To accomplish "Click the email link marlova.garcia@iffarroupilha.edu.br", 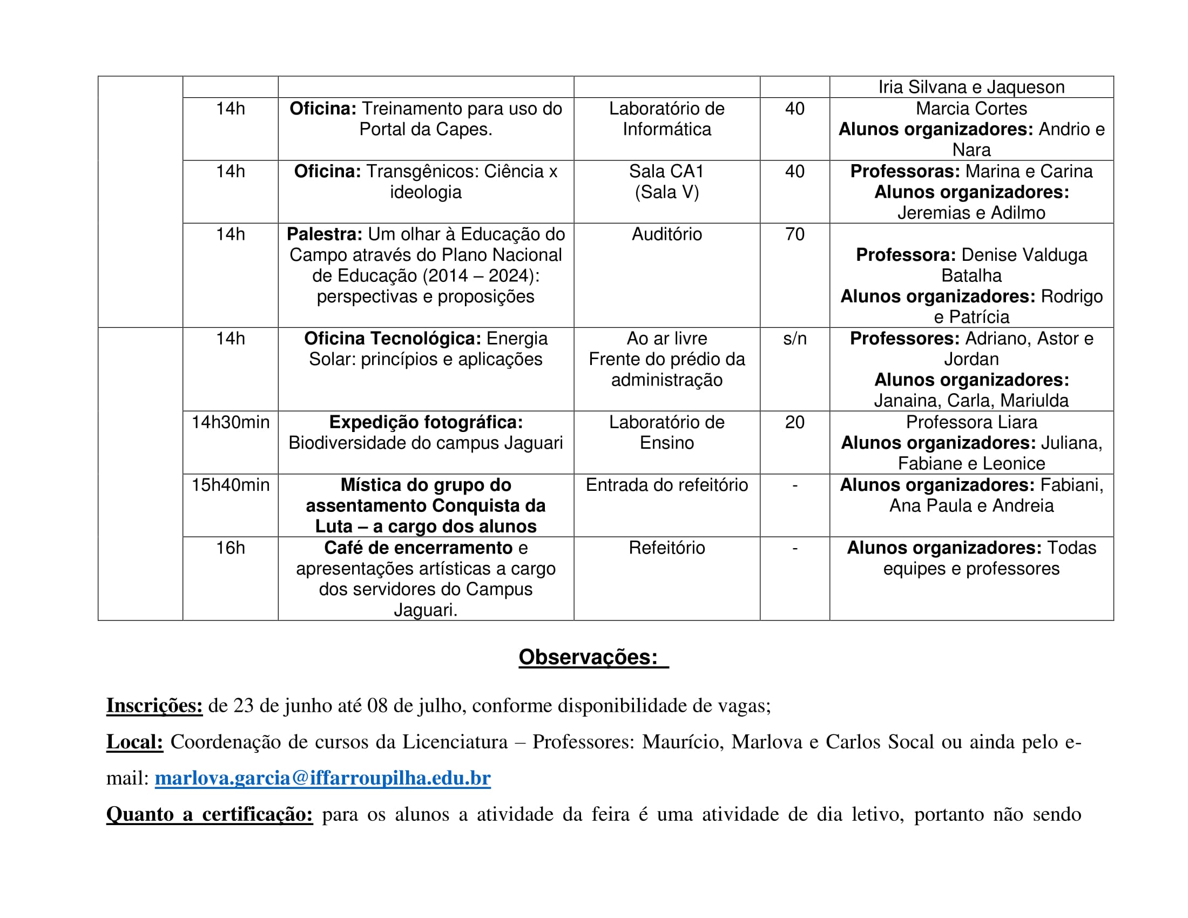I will [322, 778].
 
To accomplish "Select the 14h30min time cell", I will [230, 423].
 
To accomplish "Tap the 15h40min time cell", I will [230, 485].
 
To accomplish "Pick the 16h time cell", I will [230, 548].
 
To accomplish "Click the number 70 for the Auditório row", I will [794, 234].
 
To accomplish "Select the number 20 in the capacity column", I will [794, 423].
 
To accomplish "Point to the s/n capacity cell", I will [794, 339].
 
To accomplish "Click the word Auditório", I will [666, 234].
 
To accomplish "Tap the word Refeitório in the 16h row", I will [666, 548].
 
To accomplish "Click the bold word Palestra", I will [324, 234].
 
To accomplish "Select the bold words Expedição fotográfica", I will [426, 423].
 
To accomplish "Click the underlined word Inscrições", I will [154, 705].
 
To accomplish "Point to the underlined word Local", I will [134, 742].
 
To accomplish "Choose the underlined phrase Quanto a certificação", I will [210, 814].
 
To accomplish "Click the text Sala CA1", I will [666, 172].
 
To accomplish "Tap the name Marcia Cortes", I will [971, 109].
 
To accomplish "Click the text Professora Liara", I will [971, 423].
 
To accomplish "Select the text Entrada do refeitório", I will [666, 485].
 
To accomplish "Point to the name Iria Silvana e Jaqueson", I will [971, 87].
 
